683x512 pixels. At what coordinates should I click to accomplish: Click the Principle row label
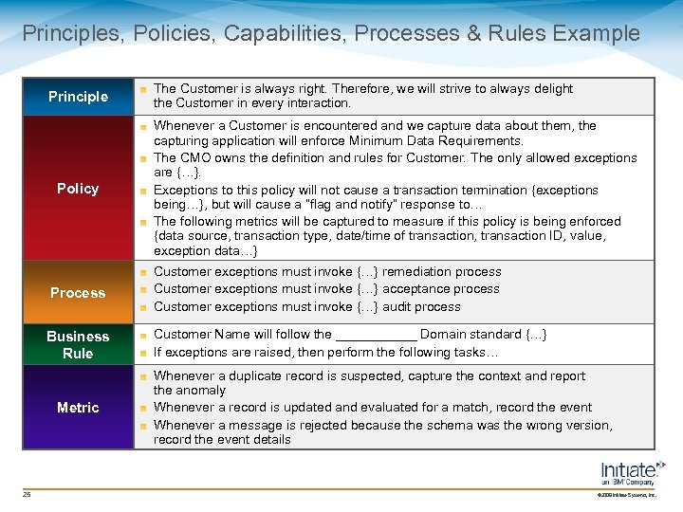tap(78, 97)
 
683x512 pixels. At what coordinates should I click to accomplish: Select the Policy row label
tap(78, 189)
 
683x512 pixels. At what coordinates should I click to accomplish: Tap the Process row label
tap(78, 293)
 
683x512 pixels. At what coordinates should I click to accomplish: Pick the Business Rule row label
tap(78, 345)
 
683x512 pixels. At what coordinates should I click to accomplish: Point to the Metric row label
tap(78, 408)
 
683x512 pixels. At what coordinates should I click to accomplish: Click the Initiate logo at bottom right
tap(632, 471)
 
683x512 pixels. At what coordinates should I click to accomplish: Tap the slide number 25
tap(27, 493)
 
